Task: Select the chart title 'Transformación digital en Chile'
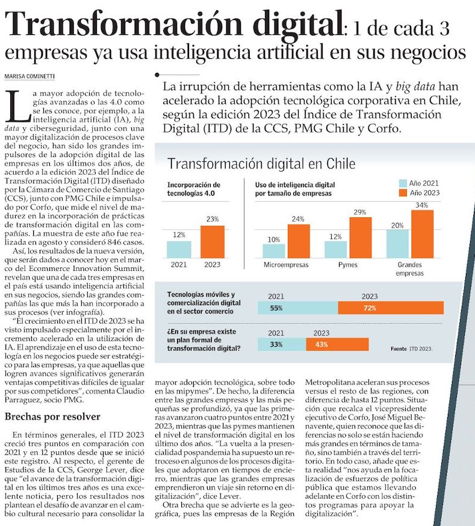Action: click(261, 164)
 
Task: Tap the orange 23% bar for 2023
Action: click(212, 242)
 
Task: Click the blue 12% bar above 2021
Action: click(179, 249)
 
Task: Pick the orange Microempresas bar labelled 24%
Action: click(299, 241)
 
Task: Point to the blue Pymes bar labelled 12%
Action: click(335, 249)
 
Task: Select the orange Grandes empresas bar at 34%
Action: click(422, 234)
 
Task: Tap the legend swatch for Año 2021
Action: click(403, 183)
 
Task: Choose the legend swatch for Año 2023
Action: click(403, 193)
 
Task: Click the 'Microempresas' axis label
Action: click(287, 265)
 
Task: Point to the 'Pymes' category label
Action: click(348, 265)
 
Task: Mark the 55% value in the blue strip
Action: click(277, 308)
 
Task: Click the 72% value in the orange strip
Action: click(370, 308)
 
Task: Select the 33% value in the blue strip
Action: click(277, 344)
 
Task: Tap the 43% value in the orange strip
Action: click(321, 344)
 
